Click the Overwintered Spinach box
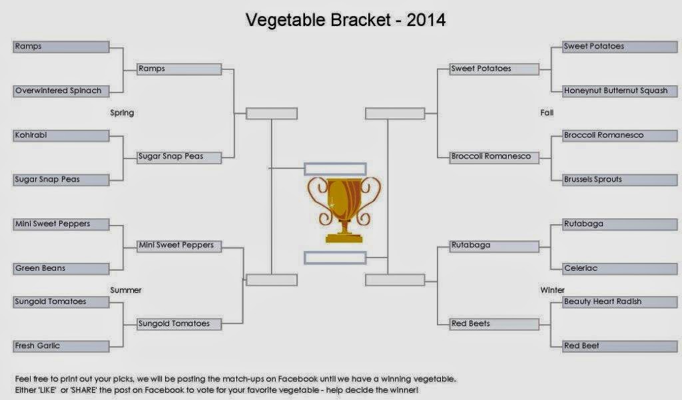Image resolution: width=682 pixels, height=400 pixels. (x=61, y=91)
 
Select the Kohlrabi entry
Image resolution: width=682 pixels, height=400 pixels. (x=61, y=136)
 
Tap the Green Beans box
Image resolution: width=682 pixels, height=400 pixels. (x=61, y=269)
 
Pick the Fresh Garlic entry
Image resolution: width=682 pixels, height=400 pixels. (x=61, y=346)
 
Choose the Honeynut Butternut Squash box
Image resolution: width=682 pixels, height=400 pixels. (x=620, y=91)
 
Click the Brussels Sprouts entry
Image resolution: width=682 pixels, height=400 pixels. (x=620, y=180)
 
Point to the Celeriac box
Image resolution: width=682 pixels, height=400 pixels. (x=620, y=269)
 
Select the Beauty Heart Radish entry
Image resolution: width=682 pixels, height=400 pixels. (x=620, y=302)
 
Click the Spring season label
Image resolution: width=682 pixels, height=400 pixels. (x=122, y=113)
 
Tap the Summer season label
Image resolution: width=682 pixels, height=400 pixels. (x=126, y=290)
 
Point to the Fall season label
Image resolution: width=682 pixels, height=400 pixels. (x=547, y=112)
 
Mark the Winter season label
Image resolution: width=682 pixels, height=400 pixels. (x=552, y=290)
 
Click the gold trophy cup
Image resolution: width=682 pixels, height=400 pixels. (x=344, y=209)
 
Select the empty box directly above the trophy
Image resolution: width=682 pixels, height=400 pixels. (x=335, y=168)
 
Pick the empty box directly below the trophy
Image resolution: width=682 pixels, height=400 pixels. (x=335, y=258)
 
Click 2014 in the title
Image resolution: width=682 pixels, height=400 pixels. (x=426, y=20)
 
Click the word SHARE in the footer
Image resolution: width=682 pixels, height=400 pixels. (x=84, y=390)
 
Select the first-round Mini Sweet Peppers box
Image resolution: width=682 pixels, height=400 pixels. (x=61, y=224)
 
